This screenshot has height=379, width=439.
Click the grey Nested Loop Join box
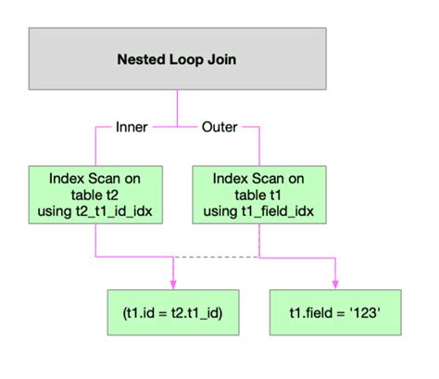tap(178, 58)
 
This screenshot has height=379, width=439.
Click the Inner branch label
tap(132, 127)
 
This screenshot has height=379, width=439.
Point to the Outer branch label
tap(219, 127)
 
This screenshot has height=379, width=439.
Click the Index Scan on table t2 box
tap(95, 195)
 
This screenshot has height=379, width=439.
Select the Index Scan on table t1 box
tap(259, 195)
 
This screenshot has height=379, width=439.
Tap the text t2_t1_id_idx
tap(114, 211)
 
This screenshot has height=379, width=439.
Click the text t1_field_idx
tap(277, 211)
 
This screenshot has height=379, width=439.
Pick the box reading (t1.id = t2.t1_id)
tap(173, 312)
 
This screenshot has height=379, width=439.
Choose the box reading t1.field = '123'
tap(335, 312)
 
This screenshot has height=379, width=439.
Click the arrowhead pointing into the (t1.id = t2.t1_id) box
tap(173, 284)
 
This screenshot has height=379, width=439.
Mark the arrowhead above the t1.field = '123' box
tap(335, 284)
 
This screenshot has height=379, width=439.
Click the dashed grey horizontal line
tap(216, 257)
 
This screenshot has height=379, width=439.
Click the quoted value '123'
tap(365, 313)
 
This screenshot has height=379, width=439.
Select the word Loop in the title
tap(186, 60)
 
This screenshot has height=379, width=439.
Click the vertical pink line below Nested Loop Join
tap(177, 108)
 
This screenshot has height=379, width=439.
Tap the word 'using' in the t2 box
tap(55, 212)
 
